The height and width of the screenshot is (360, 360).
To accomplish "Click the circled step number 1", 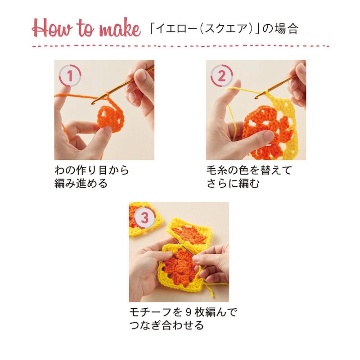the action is coord(70,76).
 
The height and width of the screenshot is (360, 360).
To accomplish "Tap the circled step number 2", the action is coord(221,76).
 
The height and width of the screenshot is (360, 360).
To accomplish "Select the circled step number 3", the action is coord(144,217).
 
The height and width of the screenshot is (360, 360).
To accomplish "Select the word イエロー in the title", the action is coord(176,29).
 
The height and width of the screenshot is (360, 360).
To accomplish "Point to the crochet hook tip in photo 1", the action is coord(93,103).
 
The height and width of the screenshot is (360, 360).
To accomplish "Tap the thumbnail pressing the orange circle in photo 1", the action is coord(107,130).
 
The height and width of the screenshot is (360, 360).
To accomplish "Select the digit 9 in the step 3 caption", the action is coord(188,312).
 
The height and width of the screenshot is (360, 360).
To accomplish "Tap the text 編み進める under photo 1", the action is coord(81,184).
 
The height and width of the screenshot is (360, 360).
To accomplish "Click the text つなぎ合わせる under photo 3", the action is coord(166,325).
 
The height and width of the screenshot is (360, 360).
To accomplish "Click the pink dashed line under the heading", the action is coord(181,46).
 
